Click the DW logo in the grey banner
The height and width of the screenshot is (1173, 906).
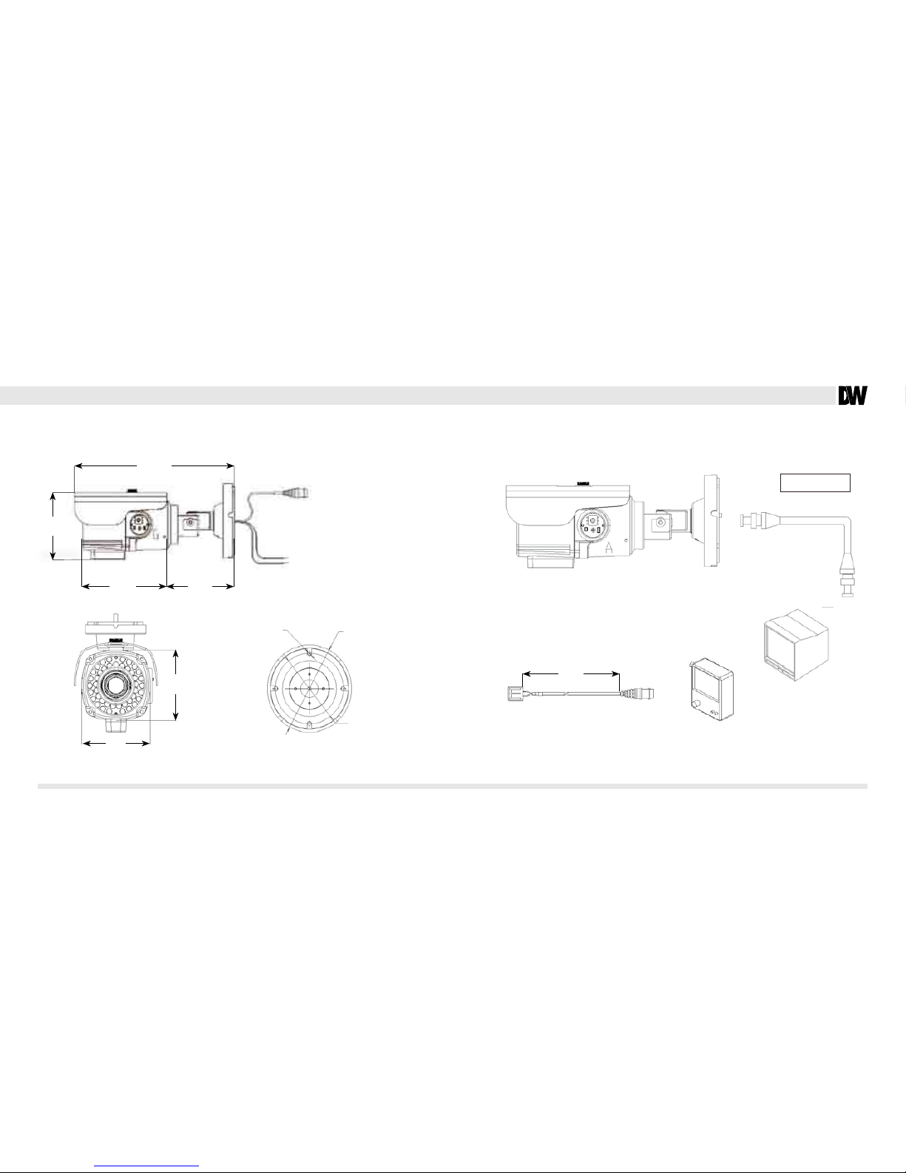(x=852, y=396)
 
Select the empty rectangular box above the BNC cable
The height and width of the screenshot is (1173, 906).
(x=815, y=483)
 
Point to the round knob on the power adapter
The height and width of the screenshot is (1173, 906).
(x=699, y=705)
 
